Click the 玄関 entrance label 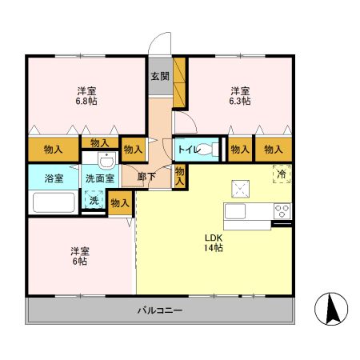pos(159,77)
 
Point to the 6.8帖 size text pos(87,102)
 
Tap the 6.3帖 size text pos(240,102)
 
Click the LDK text pos(212,238)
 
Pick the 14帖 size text pos(212,250)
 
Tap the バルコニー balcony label pos(159,310)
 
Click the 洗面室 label pos(99,178)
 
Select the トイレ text pos(188,149)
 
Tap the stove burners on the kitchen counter pos(282,211)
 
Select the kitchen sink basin pos(237,211)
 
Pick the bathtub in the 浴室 pos(53,202)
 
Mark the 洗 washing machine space pos(94,201)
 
